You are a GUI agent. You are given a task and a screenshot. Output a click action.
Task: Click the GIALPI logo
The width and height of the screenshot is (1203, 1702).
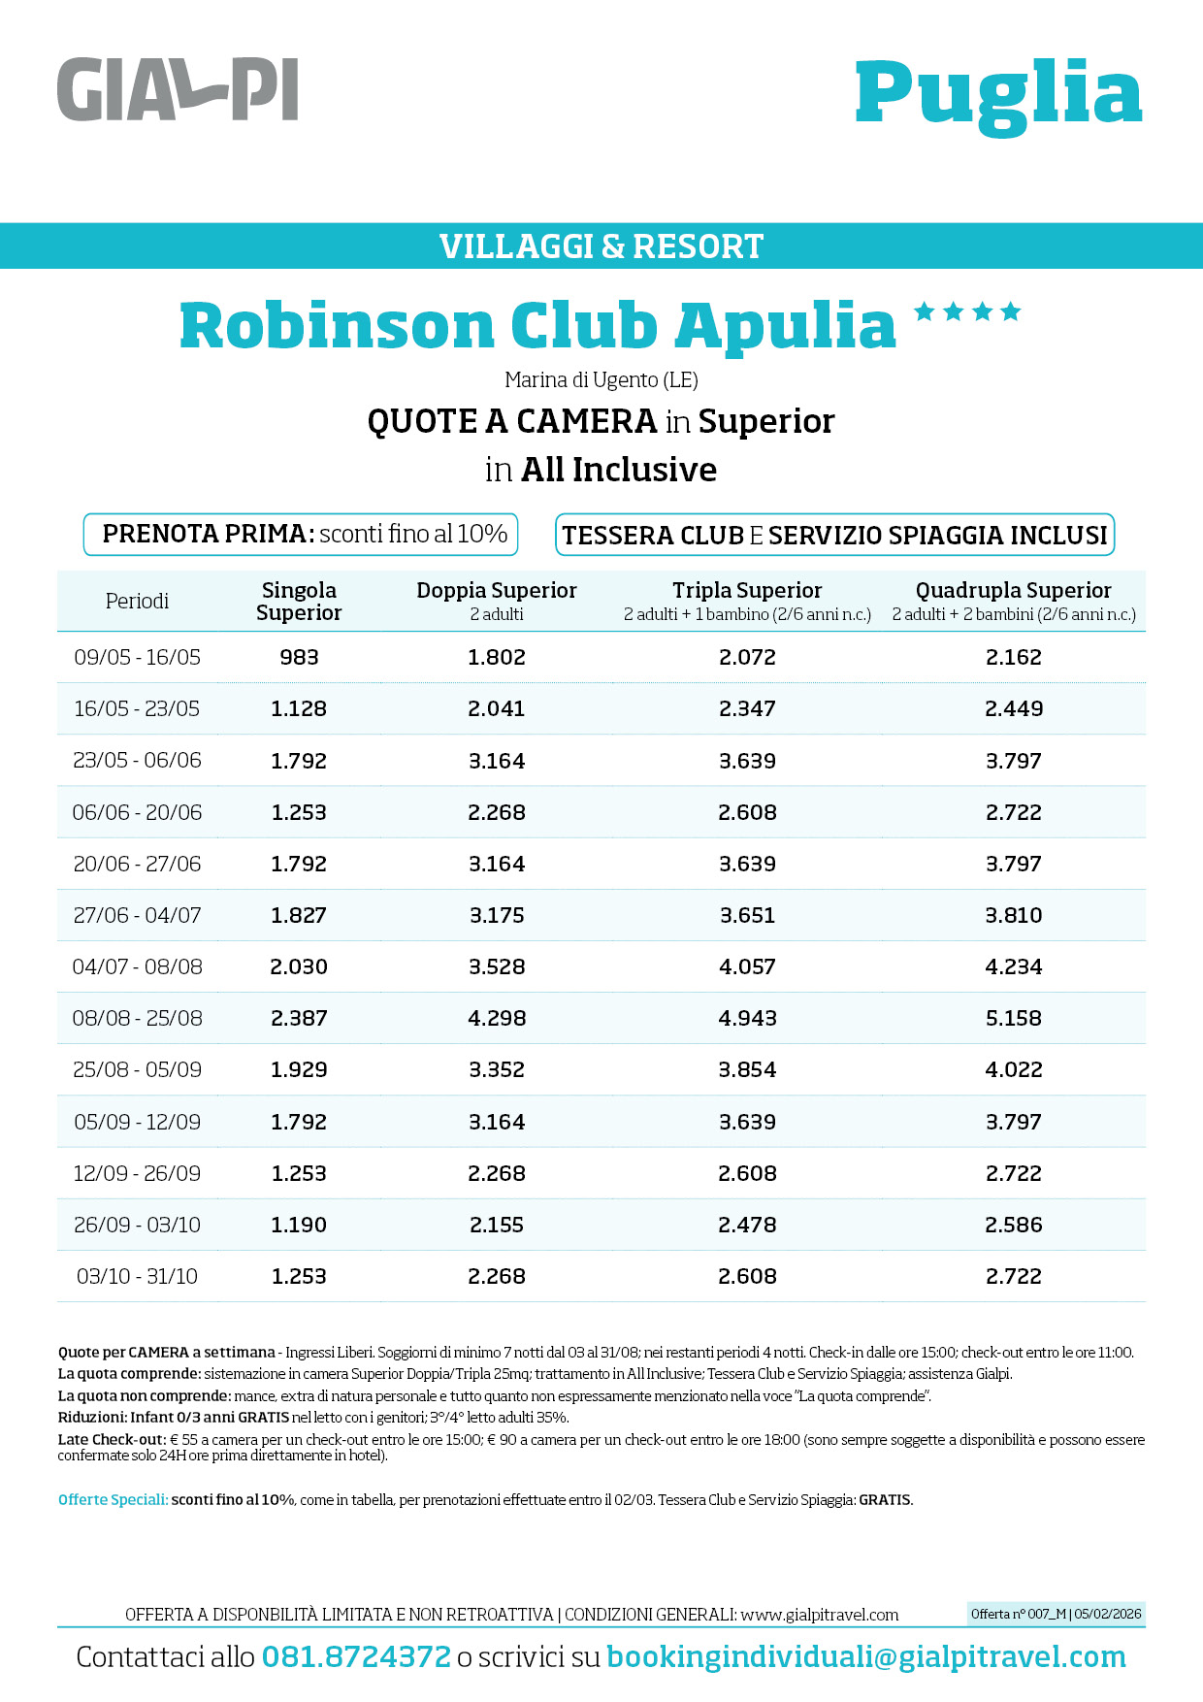click(x=178, y=89)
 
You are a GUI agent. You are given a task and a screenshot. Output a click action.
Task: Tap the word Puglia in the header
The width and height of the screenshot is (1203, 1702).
click(x=998, y=94)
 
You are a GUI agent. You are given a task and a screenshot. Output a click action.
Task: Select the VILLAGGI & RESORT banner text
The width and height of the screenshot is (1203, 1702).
click(x=601, y=246)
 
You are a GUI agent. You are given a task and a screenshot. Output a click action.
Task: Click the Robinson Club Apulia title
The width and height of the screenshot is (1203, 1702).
click(x=538, y=325)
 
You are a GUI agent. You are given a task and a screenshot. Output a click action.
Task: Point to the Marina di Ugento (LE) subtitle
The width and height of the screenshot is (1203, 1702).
click(x=601, y=379)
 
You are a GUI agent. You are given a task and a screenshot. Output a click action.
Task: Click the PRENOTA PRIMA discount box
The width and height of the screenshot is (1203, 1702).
click(x=301, y=535)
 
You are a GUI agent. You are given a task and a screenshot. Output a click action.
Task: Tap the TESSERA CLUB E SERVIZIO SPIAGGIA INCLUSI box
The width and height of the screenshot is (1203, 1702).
click(x=834, y=536)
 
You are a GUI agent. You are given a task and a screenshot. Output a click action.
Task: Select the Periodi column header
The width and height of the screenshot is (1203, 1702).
click(x=137, y=601)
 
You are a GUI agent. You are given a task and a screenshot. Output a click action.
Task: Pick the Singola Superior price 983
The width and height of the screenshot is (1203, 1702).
click(x=299, y=657)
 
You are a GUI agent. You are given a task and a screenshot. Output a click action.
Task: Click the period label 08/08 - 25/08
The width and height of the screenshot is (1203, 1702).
click(x=137, y=1018)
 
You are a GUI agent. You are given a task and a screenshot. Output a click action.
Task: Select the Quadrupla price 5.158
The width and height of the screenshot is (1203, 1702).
click(x=1014, y=1018)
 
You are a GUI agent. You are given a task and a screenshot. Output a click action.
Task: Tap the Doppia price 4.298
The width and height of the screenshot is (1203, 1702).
click(x=497, y=1018)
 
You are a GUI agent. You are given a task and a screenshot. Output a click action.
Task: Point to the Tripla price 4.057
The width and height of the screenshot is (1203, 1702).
click(x=747, y=966)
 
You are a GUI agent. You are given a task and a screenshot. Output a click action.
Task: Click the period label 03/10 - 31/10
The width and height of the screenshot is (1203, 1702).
click(x=137, y=1276)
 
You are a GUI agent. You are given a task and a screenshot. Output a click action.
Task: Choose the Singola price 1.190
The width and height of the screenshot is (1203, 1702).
click(x=299, y=1225)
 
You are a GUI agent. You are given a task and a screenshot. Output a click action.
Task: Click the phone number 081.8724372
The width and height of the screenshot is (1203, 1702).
click(x=356, y=1656)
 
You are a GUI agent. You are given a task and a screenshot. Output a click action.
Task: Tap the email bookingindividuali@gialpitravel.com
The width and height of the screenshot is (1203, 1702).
click(x=866, y=1656)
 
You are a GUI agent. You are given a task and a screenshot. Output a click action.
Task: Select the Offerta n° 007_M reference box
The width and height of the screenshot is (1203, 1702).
click(x=1057, y=1614)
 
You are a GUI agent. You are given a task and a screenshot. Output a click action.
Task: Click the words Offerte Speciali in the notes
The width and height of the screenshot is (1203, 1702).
click(x=113, y=1499)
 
